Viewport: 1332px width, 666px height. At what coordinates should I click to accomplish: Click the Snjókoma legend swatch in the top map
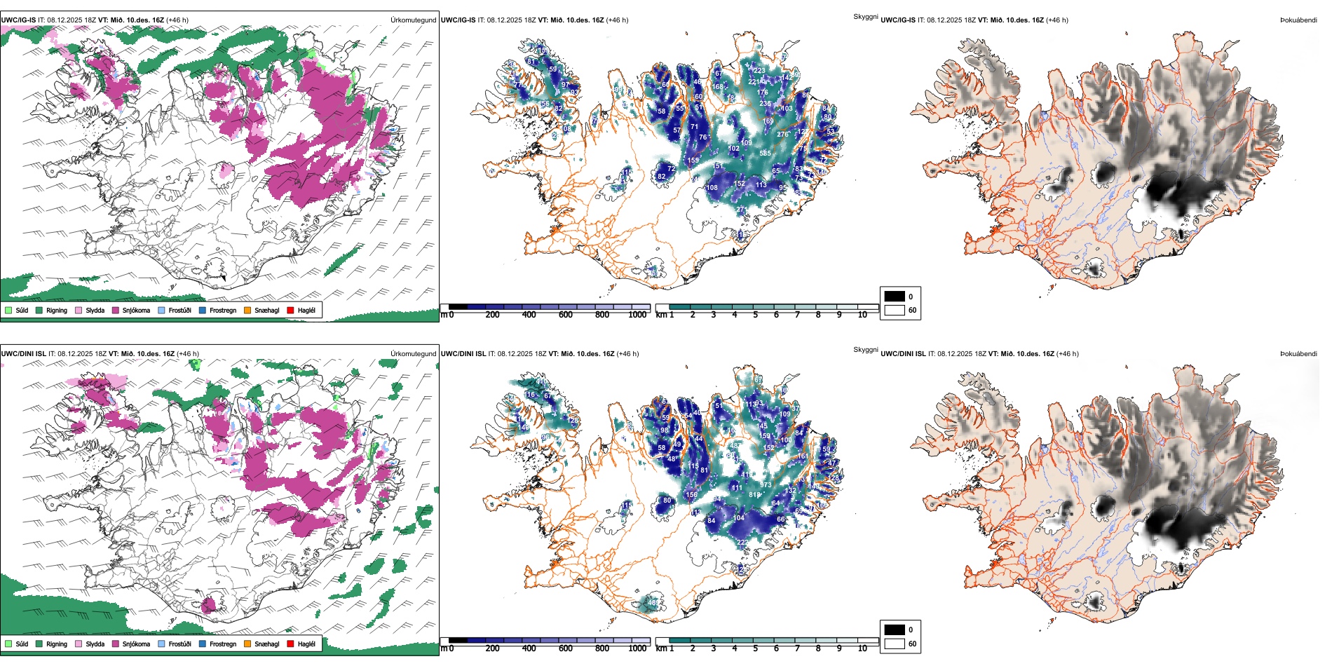[x=115, y=310]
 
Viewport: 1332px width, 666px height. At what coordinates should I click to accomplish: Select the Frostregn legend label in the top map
[x=222, y=310]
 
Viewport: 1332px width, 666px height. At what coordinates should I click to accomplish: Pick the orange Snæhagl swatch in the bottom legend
[x=247, y=644]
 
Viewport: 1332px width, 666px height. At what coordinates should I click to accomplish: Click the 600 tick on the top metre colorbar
[x=566, y=315]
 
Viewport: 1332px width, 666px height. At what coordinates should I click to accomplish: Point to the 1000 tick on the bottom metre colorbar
[x=637, y=648]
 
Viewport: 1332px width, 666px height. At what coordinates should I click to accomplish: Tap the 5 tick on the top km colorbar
[x=755, y=315]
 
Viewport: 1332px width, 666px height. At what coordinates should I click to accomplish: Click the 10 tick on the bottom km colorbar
[x=862, y=648]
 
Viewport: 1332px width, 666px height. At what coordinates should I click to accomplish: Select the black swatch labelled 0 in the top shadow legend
[x=895, y=297]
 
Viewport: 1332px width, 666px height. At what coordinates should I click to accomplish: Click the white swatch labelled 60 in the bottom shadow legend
[x=895, y=644]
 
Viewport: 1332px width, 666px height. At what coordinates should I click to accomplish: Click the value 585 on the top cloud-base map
[x=765, y=153]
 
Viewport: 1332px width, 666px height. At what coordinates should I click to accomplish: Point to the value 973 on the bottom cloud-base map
[x=765, y=485]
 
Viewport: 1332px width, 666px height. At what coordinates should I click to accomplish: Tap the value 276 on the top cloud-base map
[x=782, y=135]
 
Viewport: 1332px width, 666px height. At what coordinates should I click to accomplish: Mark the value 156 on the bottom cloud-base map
[x=691, y=495]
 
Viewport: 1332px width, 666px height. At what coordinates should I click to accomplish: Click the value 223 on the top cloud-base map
[x=759, y=71]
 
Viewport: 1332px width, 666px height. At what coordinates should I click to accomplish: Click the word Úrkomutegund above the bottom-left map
[x=413, y=354]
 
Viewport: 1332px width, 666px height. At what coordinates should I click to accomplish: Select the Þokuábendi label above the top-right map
[x=1298, y=20]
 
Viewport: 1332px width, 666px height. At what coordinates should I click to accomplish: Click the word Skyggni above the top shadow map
[x=865, y=17]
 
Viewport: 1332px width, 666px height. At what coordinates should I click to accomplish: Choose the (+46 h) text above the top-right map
[x=1056, y=20]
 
